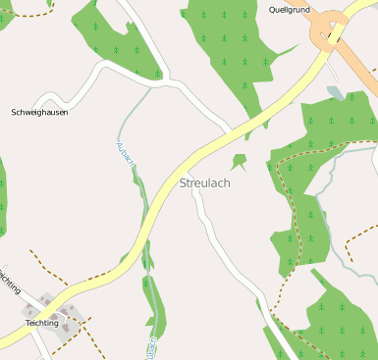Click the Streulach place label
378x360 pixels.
click(207, 182)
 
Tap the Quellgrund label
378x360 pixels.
click(290, 9)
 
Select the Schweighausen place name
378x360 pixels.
click(39, 112)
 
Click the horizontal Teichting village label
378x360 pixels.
click(42, 323)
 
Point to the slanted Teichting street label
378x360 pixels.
click(9, 281)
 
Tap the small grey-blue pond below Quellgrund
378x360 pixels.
click(336, 93)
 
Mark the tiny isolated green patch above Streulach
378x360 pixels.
click(239, 160)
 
